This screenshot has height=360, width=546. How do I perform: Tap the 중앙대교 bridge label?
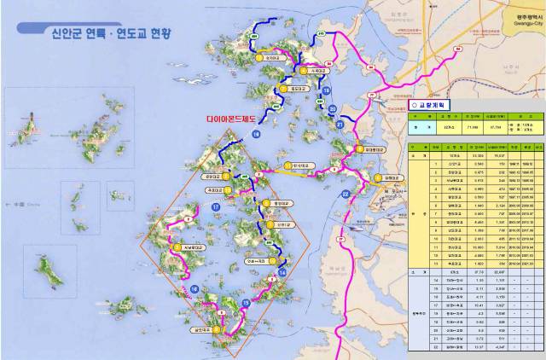281,204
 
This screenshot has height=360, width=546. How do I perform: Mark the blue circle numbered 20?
332,110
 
